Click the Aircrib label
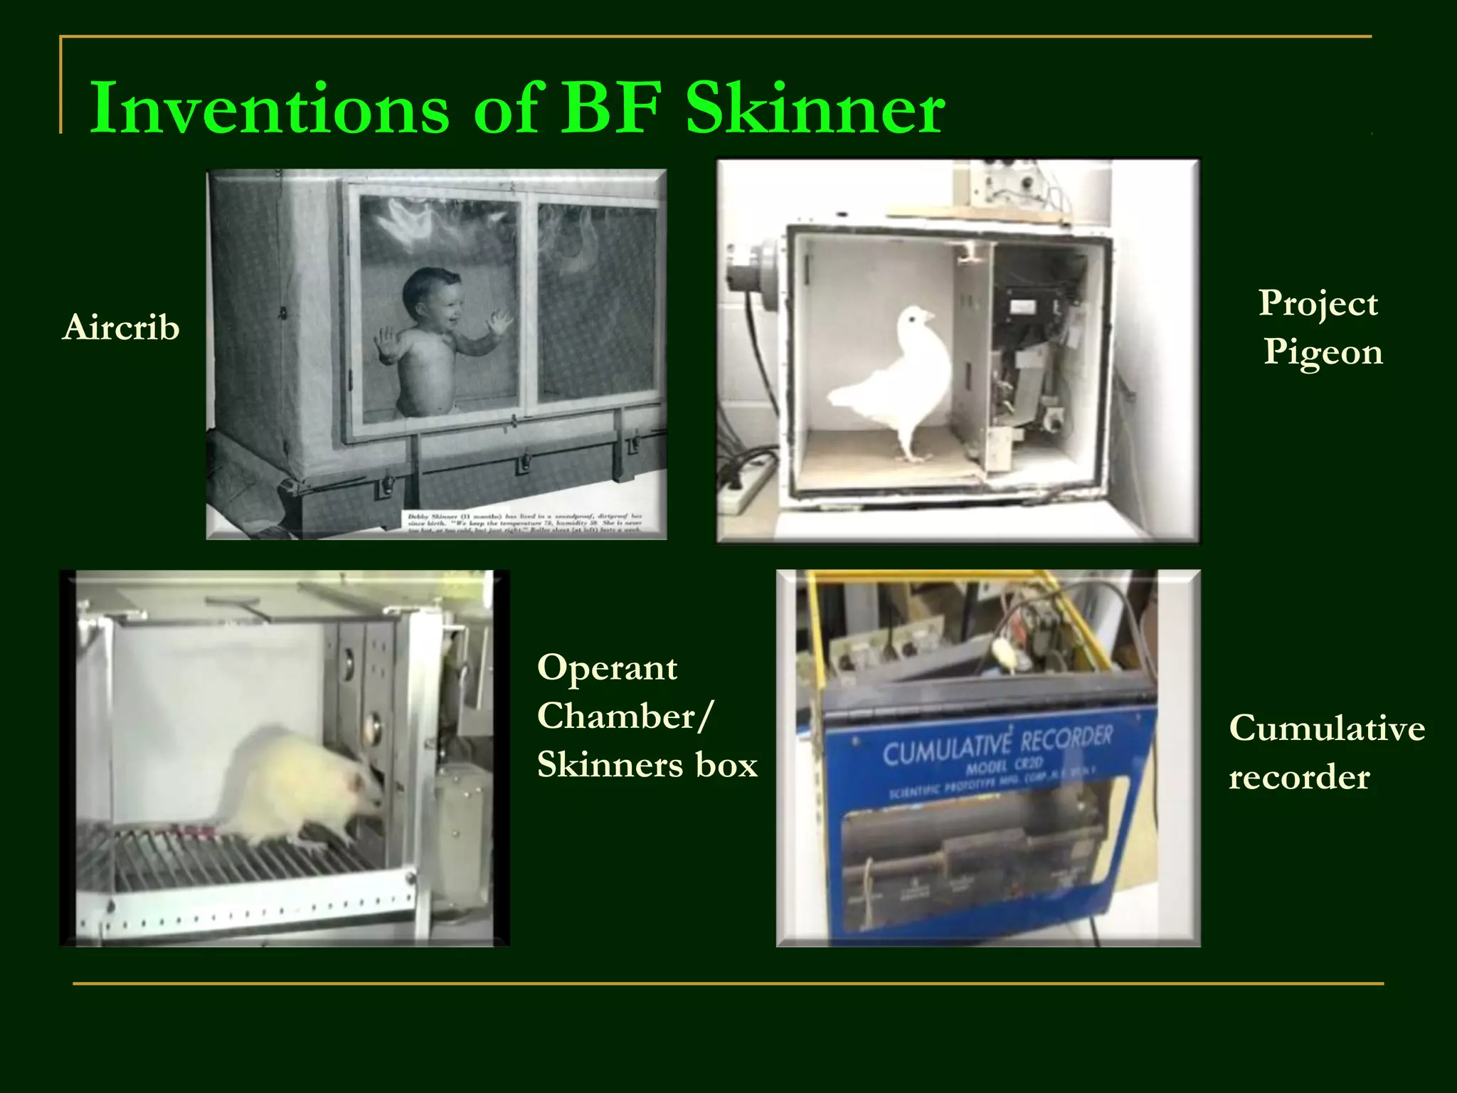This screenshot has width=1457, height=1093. (x=121, y=328)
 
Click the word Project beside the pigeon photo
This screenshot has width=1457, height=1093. (x=1318, y=304)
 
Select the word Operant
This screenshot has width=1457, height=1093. (x=607, y=667)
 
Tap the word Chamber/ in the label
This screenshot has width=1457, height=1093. (x=624, y=716)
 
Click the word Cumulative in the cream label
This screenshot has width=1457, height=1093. (x=1327, y=728)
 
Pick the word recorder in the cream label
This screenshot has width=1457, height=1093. (x=1299, y=777)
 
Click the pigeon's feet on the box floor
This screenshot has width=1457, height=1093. (x=911, y=455)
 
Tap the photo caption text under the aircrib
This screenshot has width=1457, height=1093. (x=525, y=522)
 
